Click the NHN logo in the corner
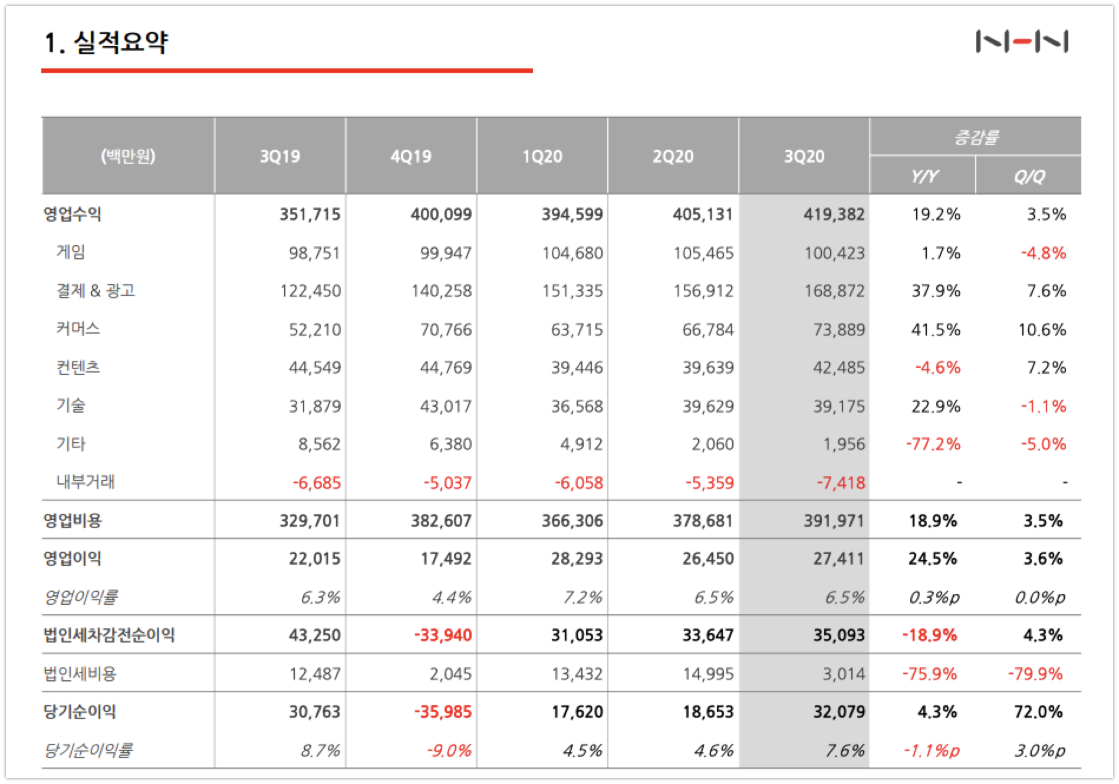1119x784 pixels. pyautogui.click(x=1022, y=42)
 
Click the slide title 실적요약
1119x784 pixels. pyautogui.click(x=121, y=42)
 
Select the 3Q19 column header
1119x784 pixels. pyautogui.click(x=280, y=156)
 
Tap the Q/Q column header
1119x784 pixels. pyautogui.click(x=1029, y=176)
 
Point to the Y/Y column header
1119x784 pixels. pyautogui.click(x=924, y=176)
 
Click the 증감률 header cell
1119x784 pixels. pyautogui.click(x=976, y=137)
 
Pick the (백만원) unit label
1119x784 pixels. pyautogui.click(x=128, y=156)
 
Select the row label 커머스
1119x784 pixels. pyautogui.click(x=78, y=328)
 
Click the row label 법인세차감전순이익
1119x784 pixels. pyautogui.click(x=109, y=635)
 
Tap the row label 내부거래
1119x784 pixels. pyautogui.click(x=85, y=482)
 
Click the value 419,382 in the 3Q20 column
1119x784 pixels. pyautogui.click(x=834, y=215)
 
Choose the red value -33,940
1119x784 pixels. pyautogui.click(x=443, y=635)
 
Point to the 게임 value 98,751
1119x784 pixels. pyautogui.click(x=314, y=253)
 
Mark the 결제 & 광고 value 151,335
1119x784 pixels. pyautogui.click(x=572, y=291)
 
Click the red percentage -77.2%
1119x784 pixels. pyautogui.click(x=933, y=444)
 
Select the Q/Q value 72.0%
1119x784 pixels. pyautogui.click(x=1038, y=712)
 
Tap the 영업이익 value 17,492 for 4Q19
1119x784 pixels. pyautogui.click(x=446, y=559)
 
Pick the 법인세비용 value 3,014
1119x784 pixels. pyautogui.click(x=844, y=674)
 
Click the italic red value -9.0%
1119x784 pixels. pyautogui.click(x=449, y=751)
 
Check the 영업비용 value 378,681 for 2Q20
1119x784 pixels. pyautogui.click(x=703, y=521)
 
